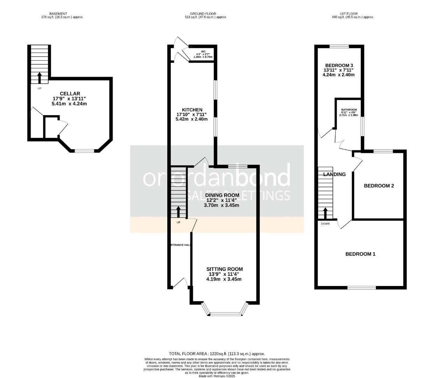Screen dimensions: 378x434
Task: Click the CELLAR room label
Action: click(x=70, y=93)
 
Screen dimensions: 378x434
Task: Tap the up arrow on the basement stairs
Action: click(x=39, y=77)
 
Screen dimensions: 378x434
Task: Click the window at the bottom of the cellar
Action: click(x=84, y=151)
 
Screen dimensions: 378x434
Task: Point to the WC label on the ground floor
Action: click(x=203, y=51)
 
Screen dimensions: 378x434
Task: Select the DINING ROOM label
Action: click(x=222, y=195)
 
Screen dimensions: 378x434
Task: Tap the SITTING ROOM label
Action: click(x=224, y=269)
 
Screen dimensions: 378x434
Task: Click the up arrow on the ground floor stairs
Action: click(x=178, y=212)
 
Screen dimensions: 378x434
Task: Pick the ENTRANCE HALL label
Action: click(x=180, y=245)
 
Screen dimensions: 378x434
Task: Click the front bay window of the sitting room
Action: click(x=225, y=314)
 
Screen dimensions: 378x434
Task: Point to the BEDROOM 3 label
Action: click(x=339, y=65)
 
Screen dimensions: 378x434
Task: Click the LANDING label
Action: click(x=334, y=174)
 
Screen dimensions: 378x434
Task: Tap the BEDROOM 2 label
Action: click(x=379, y=186)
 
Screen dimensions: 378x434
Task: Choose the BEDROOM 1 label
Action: click(x=360, y=254)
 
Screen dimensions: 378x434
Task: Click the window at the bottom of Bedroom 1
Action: click(x=362, y=288)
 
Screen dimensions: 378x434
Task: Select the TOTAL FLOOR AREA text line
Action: click(x=217, y=354)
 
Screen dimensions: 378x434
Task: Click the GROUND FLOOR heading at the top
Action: click(x=206, y=14)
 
